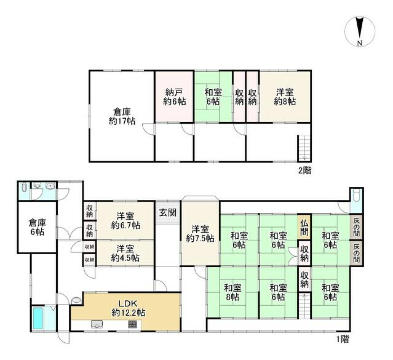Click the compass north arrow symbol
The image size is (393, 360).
tap(360, 28)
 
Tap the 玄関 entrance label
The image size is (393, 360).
tap(168, 213)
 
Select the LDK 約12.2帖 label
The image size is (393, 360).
tap(128, 308)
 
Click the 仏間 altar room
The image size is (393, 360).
tap(304, 226)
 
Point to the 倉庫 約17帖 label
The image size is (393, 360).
tap(122, 116)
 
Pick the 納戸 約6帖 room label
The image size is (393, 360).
tap(175, 97)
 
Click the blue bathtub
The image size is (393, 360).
tap(38, 318)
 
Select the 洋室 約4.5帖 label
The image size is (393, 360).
tap(125, 253)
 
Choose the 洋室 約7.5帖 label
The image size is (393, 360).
tap(200, 234)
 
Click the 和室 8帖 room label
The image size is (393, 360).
tap(232, 292)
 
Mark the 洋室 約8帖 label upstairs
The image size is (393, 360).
tap(285, 97)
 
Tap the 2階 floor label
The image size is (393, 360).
tap(304, 170)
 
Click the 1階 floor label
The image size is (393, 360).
tap(343, 340)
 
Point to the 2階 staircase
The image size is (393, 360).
tap(304, 148)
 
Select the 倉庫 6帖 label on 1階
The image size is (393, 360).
tap(38, 227)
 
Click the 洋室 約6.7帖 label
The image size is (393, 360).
tap(125, 221)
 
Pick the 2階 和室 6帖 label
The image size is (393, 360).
tap(213, 97)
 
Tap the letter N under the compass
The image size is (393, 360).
tap(360, 43)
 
